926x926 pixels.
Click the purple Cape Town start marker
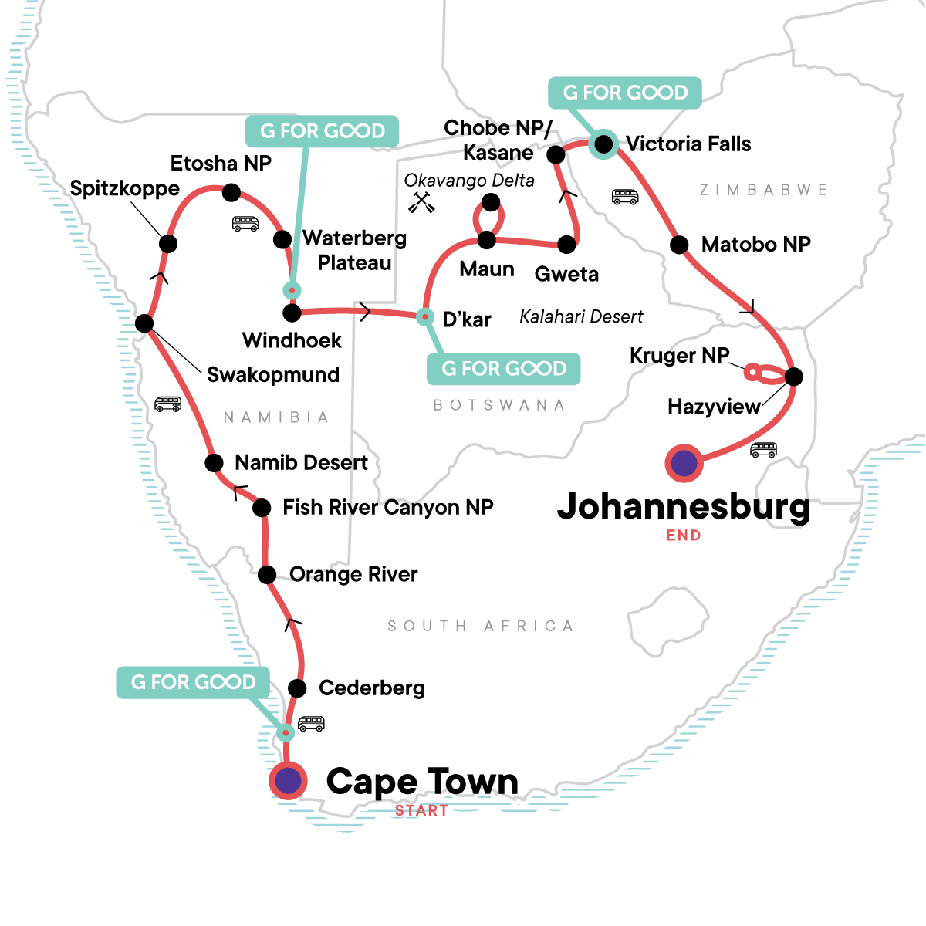coord(288,781)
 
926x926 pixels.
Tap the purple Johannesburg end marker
coord(684,464)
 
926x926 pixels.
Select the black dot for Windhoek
coord(292,313)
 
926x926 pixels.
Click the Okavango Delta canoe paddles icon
coord(421,202)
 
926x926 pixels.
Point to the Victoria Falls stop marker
coord(603,144)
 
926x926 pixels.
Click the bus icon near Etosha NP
coord(245,224)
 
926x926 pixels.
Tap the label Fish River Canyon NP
coord(387,507)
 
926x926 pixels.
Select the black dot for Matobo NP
coord(679,245)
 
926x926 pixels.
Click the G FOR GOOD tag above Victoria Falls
coord(625,93)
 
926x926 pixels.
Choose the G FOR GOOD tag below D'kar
coord(503,369)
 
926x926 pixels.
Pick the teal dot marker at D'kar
coord(424,316)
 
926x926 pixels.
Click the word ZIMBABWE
coord(763,190)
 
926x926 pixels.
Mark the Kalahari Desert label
coord(581,316)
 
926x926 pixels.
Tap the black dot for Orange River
coord(266,575)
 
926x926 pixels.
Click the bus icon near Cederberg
coord(311,724)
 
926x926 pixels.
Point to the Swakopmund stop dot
coord(144,323)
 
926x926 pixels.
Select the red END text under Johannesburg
coord(684,536)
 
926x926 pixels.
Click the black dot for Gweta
coord(566,245)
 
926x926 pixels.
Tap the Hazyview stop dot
coord(793,377)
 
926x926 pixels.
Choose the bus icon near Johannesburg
coord(763,449)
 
